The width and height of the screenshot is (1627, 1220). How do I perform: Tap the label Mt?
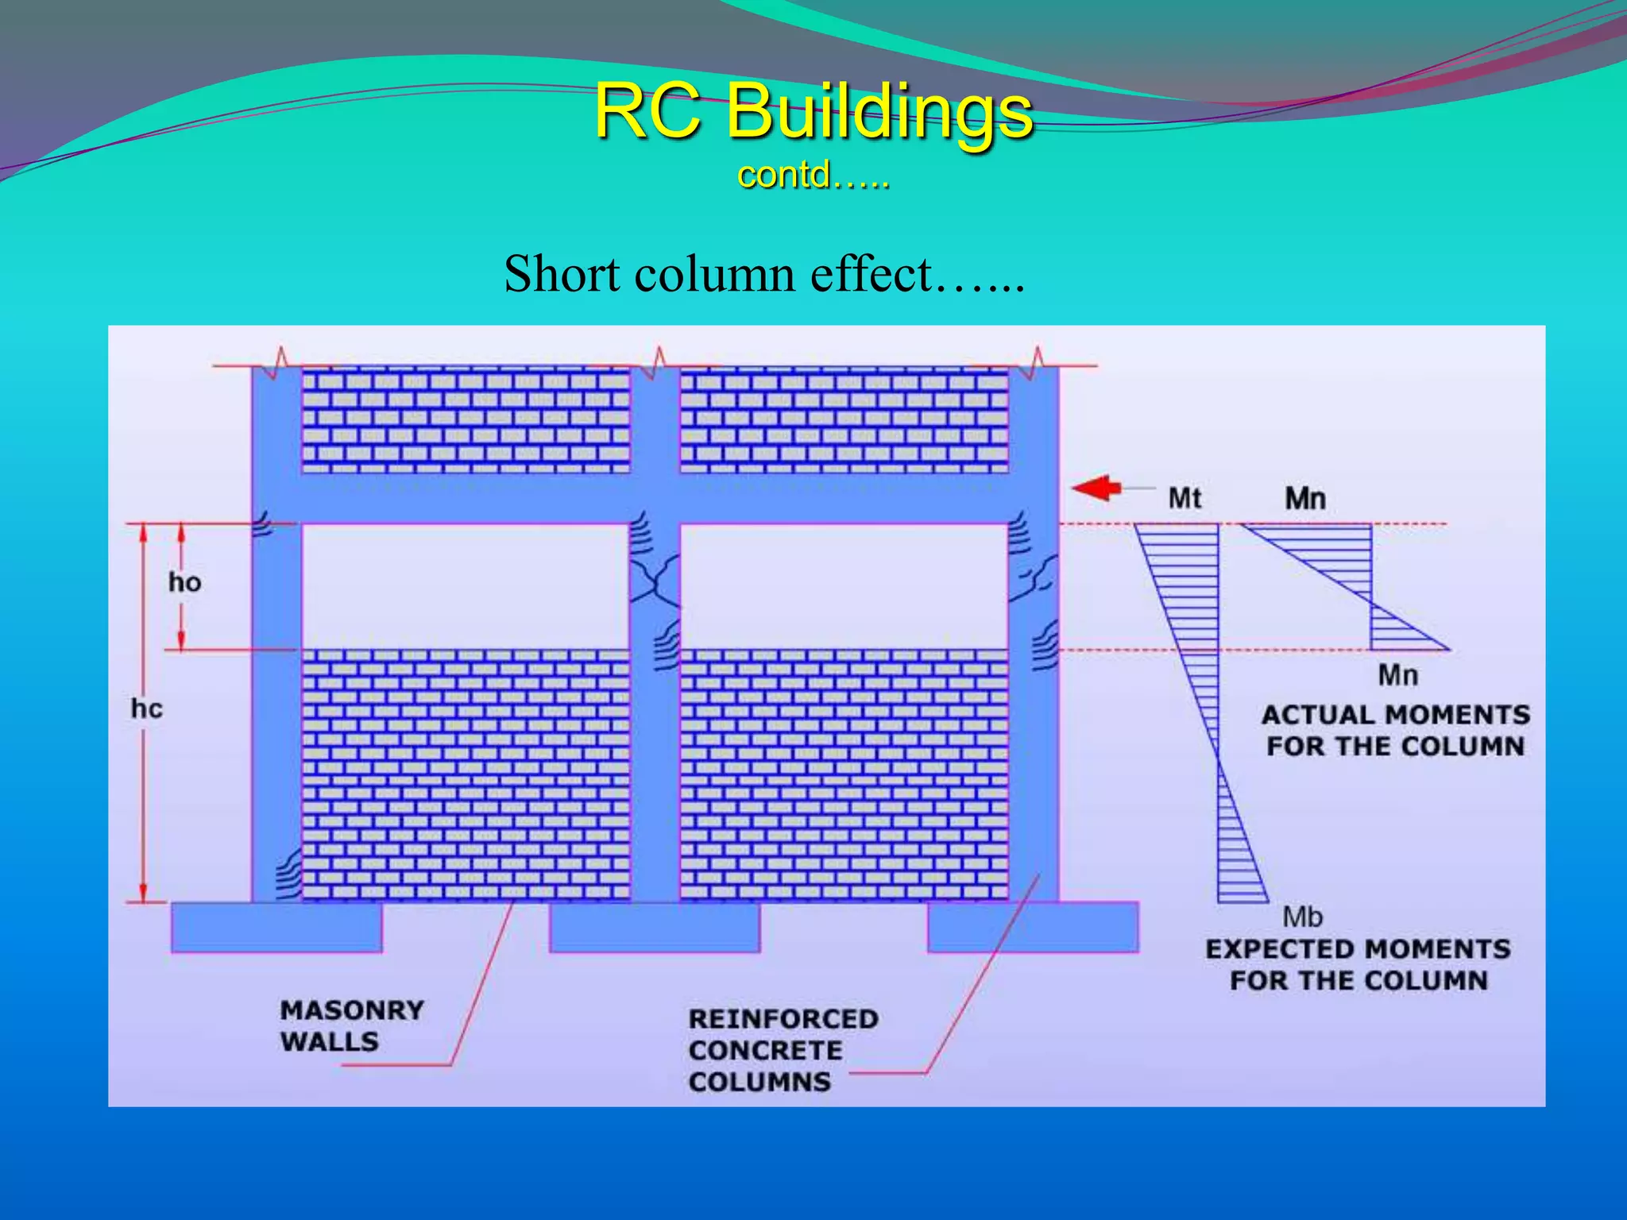point(1185,499)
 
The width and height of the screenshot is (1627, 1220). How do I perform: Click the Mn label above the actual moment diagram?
point(1305,499)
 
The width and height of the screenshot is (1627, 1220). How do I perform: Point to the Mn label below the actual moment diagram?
point(1397,676)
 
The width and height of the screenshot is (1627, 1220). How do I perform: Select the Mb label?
point(1302,917)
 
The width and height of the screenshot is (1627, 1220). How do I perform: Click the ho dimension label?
point(184,583)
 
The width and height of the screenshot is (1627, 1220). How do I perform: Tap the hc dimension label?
point(147,708)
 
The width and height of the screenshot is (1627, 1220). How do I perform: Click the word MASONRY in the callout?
point(352,1010)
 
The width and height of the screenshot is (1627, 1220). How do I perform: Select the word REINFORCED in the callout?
point(783,1019)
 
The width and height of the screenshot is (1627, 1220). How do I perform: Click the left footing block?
point(276,927)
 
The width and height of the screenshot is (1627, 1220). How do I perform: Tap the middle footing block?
point(655,927)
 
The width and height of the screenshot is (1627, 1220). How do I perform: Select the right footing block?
point(1033,927)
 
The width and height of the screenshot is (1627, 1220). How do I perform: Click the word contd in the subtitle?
point(783,175)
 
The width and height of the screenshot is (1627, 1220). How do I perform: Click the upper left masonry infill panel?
point(466,421)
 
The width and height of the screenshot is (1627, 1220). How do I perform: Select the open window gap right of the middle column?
point(844,586)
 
